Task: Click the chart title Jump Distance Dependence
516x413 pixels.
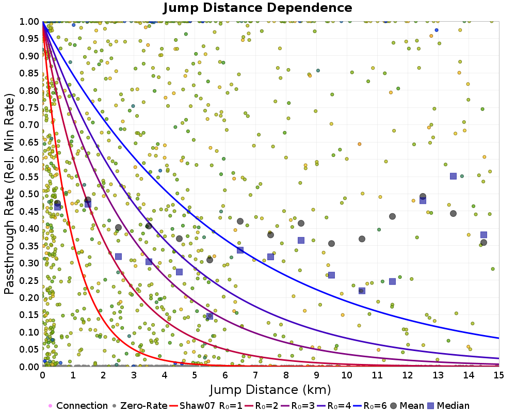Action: point(257,8)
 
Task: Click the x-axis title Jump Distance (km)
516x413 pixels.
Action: point(270,389)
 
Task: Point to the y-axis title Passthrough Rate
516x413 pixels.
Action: point(10,194)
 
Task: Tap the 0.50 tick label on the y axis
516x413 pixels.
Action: point(30,194)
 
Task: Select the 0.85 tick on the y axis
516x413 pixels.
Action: point(30,73)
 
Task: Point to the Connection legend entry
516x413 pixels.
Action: point(77,406)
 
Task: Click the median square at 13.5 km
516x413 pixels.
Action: point(453,176)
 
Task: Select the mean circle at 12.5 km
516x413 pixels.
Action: point(423,197)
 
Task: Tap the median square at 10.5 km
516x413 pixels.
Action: point(362,291)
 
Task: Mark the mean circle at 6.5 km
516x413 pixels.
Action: point(240,221)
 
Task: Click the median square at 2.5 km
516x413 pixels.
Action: point(118,257)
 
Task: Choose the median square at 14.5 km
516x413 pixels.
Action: point(483,235)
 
